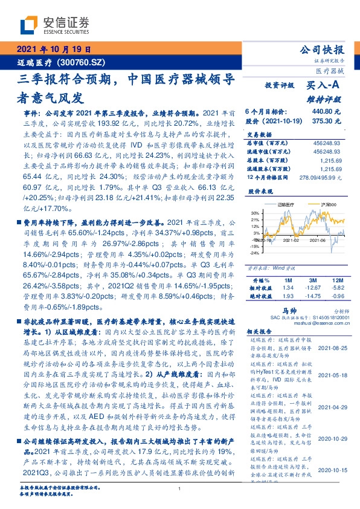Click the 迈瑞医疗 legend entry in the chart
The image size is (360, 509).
289,205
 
